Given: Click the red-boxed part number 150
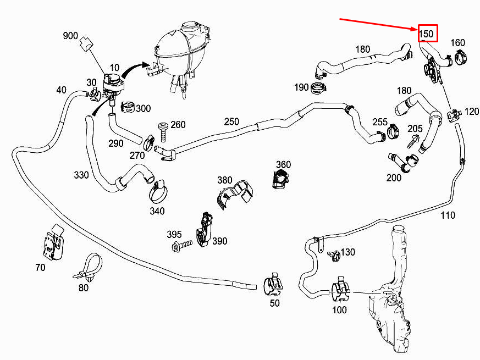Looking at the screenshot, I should (427, 34).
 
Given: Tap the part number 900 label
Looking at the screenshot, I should (70, 36).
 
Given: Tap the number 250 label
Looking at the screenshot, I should (231, 121).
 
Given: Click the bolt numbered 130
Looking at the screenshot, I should (333, 255).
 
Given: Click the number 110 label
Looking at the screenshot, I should (448, 215).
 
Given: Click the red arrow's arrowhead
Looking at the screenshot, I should (416, 29).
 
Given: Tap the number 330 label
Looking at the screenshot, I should (81, 175).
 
